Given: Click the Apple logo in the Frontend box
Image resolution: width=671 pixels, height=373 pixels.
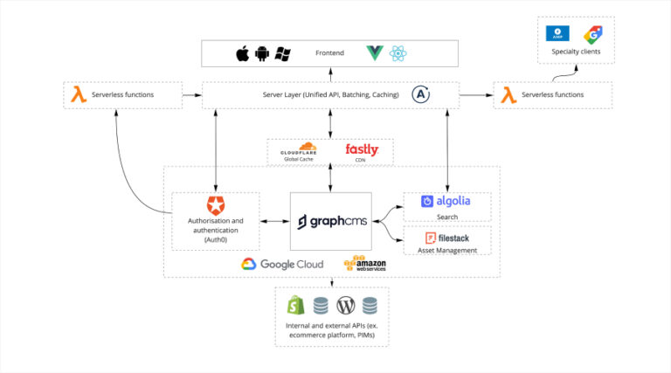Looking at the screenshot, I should [242, 54].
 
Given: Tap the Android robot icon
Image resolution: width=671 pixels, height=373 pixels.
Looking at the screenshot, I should [262, 54].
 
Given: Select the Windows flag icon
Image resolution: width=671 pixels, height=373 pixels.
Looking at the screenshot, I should [282, 54].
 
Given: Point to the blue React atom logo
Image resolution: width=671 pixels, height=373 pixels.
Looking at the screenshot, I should [398, 54].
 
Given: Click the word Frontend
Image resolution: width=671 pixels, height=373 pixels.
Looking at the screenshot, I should [329, 54].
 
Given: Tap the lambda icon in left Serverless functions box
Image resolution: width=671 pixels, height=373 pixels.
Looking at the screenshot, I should [78, 94].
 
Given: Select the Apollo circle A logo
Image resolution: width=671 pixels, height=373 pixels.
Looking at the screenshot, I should [421, 94].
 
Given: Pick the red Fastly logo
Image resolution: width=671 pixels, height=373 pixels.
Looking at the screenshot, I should [361, 149].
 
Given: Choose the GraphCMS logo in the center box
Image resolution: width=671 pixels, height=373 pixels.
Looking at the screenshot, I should [330, 221].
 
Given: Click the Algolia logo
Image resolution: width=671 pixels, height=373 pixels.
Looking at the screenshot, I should [446, 201].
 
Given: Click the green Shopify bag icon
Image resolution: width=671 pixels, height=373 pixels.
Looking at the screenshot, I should [294, 305].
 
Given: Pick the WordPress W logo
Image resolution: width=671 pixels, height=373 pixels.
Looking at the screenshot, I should [346, 305].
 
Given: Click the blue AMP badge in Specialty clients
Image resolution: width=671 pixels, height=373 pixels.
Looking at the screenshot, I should [557, 33].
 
